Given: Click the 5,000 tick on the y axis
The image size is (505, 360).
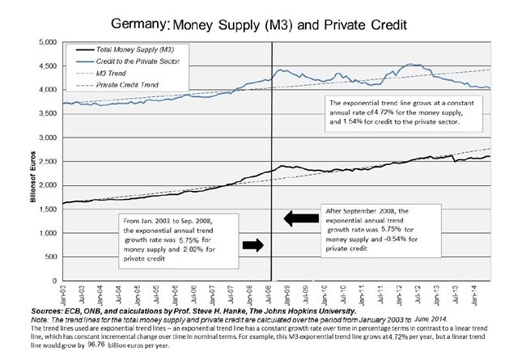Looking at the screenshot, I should pyautogui.click(x=44, y=40).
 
